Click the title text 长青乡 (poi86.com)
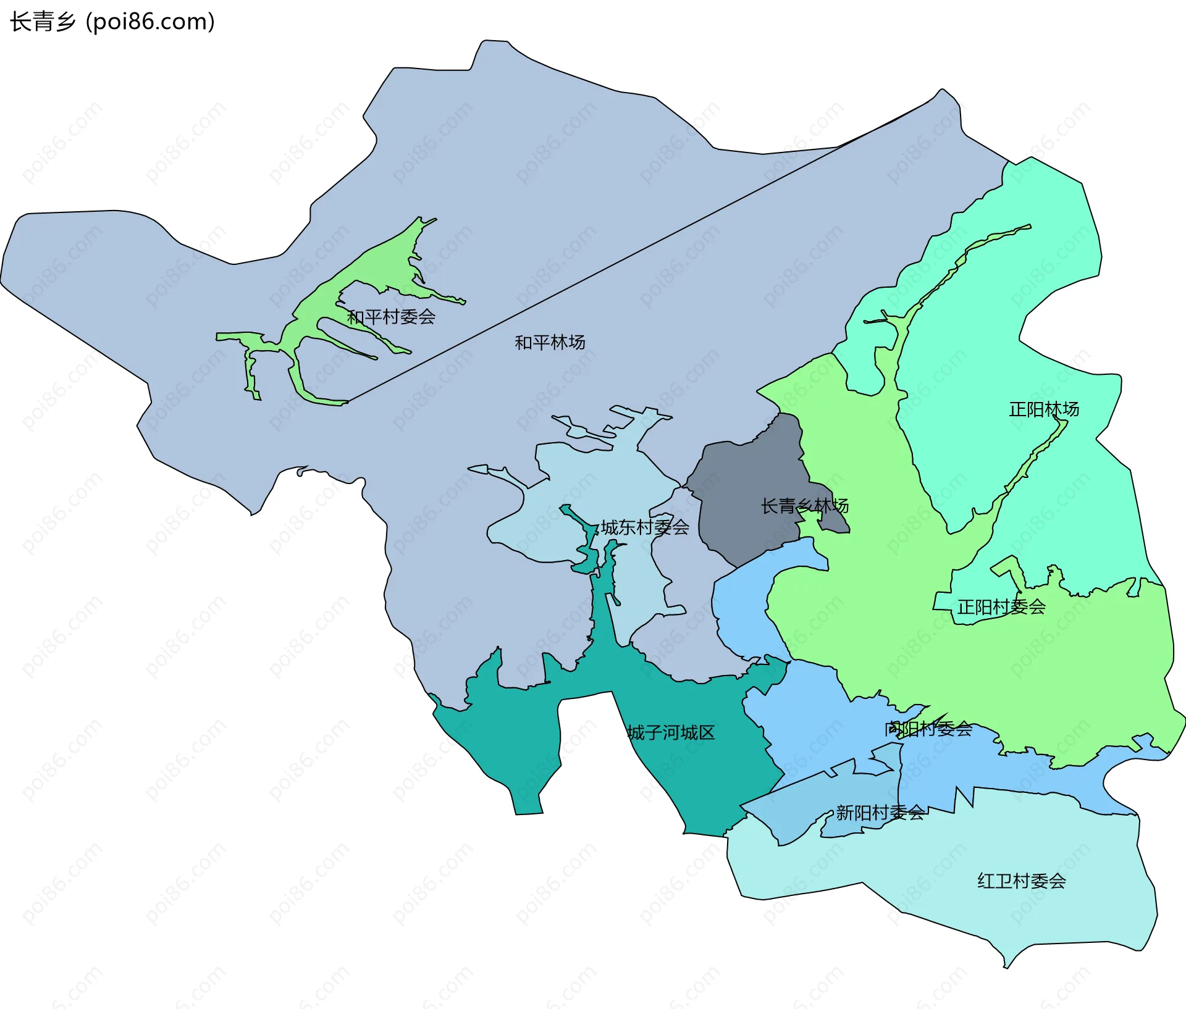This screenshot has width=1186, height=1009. pos(112,22)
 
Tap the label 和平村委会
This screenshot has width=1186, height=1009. pos(391,317)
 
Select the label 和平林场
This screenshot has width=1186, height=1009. pos(550,342)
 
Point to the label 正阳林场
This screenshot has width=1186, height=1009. pos(1044,409)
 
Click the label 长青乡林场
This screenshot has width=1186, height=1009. pos(804,506)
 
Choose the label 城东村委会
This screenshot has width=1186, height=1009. pos(645,527)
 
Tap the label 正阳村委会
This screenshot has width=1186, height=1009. pos(1001,607)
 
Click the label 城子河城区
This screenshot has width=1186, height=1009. pos(671,733)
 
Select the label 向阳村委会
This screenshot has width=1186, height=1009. pos(928,729)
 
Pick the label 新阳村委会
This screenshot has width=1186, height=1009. pos(880,813)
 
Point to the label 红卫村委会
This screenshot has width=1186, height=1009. pos(1022,881)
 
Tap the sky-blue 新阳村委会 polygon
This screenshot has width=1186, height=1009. pos(797,815)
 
